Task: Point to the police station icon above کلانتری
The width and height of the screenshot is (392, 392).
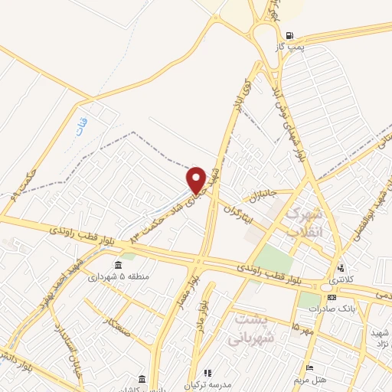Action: click(x=340, y=269)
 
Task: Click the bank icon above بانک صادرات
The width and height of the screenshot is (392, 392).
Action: click(x=330, y=297)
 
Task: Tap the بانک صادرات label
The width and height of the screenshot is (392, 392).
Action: click(x=328, y=309)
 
